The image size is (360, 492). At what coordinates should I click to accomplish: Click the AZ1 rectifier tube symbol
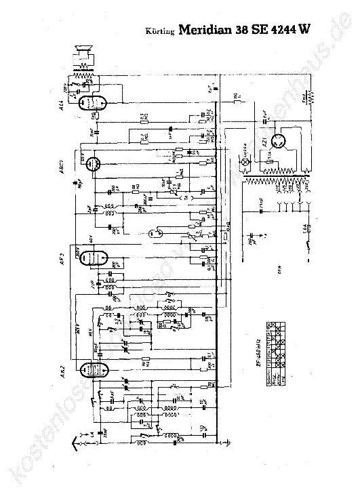coord(277,142)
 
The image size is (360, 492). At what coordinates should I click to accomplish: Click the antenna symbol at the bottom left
coord(76,444)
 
